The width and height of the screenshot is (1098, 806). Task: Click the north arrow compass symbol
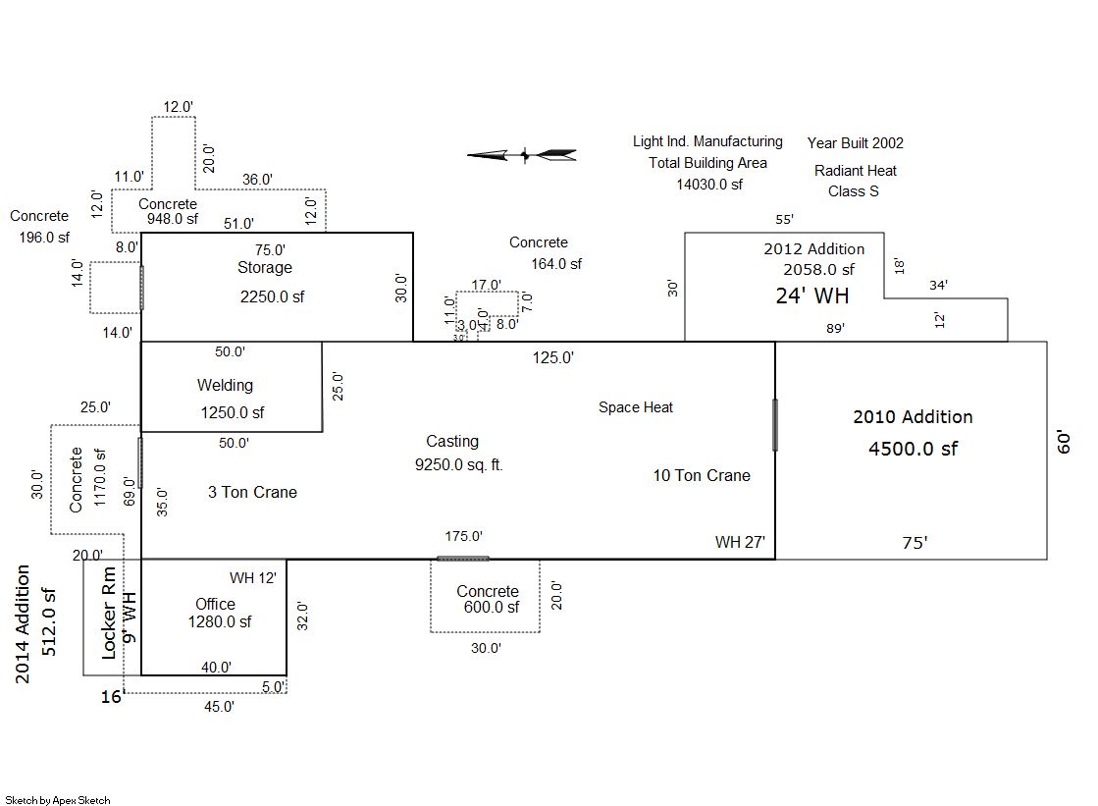pyautogui.click(x=522, y=154)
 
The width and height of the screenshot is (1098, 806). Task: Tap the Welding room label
pyautogui.click(x=225, y=386)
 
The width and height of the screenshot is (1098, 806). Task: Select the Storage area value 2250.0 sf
pyautogui.click(x=272, y=296)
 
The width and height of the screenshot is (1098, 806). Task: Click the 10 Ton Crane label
pyautogui.click(x=702, y=475)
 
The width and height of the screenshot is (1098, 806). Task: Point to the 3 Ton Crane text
pyautogui.click(x=252, y=492)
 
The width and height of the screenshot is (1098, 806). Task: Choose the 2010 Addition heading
pyautogui.click(x=913, y=417)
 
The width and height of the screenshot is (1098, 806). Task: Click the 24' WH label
pyautogui.click(x=812, y=296)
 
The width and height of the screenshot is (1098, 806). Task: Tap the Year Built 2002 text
pyautogui.click(x=856, y=143)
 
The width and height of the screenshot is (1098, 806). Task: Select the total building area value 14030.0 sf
pyautogui.click(x=708, y=184)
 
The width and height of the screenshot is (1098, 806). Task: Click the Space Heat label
pyautogui.click(x=636, y=407)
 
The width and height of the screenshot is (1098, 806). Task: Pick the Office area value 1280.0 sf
pyautogui.click(x=220, y=621)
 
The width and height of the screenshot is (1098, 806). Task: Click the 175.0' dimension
pyautogui.click(x=463, y=536)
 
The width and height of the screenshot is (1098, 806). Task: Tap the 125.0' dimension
pyautogui.click(x=553, y=357)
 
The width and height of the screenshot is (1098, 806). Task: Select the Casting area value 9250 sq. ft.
pyautogui.click(x=459, y=464)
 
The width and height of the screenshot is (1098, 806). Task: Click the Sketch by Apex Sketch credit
pyautogui.click(x=58, y=800)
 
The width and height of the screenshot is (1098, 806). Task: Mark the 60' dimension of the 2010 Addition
pyautogui.click(x=1064, y=441)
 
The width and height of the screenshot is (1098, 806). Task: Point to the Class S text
pyautogui.click(x=854, y=191)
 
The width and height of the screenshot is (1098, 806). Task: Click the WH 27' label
pyautogui.click(x=740, y=542)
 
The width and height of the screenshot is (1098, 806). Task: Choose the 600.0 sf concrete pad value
pyautogui.click(x=492, y=608)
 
